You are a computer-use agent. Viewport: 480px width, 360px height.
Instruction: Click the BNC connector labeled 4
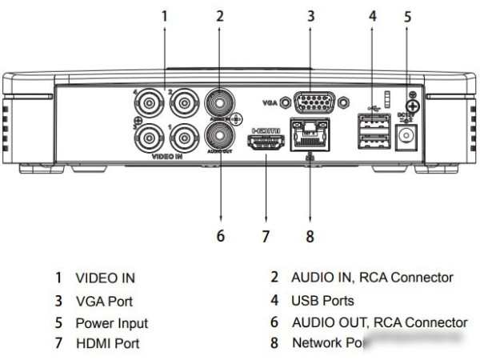coord(150,104)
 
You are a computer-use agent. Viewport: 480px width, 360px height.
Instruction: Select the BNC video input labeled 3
coord(150,138)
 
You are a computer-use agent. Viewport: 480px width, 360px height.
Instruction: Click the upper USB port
coord(372,122)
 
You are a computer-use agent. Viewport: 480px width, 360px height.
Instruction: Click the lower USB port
coord(372,143)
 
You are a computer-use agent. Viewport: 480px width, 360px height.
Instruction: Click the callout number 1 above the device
coord(165,14)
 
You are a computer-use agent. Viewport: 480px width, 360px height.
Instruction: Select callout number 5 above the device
coord(407,14)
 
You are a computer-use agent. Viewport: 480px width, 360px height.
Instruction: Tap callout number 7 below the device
coord(267,237)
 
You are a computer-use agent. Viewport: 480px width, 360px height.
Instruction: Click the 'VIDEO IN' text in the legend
coord(105,278)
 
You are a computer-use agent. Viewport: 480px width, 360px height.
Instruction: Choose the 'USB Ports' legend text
coord(322,301)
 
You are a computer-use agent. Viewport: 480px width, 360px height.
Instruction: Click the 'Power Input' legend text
coord(111,323)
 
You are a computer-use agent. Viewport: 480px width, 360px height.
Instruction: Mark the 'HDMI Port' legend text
coord(107,343)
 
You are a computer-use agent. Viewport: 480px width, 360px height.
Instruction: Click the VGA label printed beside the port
coord(270,103)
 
